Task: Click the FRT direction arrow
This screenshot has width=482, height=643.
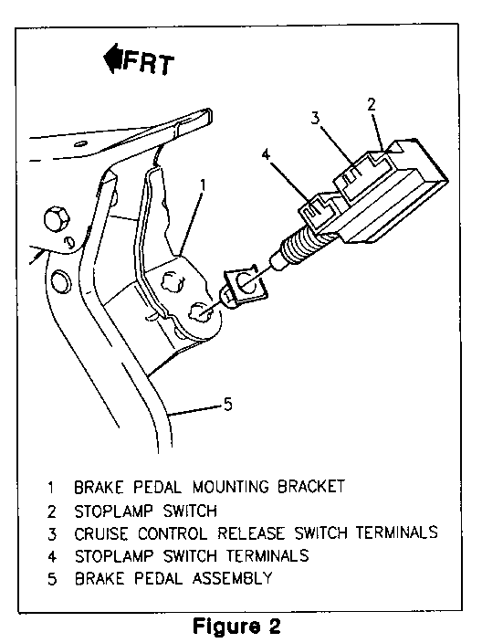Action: pos(112,58)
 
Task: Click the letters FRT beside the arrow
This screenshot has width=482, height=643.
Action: pos(149,64)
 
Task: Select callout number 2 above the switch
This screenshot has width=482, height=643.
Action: pos(372,104)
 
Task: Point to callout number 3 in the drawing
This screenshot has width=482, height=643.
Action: pos(315,118)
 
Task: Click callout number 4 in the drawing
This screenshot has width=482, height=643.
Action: pos(266,154)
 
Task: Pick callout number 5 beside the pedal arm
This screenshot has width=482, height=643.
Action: pos(227,405)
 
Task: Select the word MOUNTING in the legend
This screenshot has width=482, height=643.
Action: pos(230,487)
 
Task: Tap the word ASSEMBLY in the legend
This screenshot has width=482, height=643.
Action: pos(233,579)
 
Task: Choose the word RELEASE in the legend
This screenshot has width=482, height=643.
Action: pos(251,533)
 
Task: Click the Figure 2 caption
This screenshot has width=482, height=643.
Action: pos(237,626)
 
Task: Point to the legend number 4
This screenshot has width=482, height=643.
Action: pos(52,557)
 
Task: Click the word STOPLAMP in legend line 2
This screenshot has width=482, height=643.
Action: pos(113,511)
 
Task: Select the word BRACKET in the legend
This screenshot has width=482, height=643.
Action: pos(311,487)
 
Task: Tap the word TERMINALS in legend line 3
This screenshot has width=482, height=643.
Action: pos(396,532)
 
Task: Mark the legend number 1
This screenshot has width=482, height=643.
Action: pos(51,488)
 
